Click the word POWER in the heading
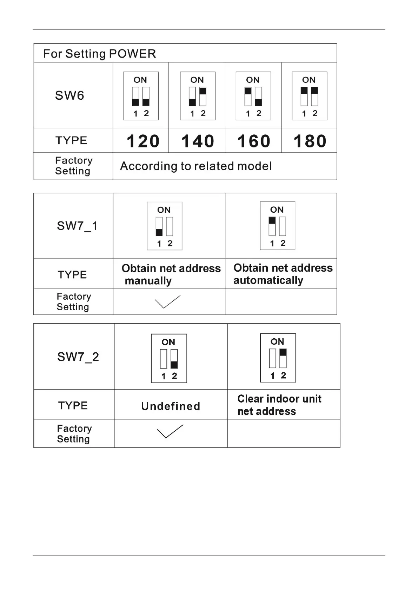click(132, 54)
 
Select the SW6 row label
click(69, 95)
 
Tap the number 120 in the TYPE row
click(143, 141)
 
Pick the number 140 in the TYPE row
click(198, 141)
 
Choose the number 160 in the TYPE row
click(254, 141)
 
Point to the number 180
click(310, 141)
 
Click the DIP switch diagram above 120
click(141, 96)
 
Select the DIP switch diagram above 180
click(309, 96)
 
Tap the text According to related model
click(196, 166)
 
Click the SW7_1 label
click(77, 226)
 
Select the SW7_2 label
click(78, 357)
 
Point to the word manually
click(148, 281)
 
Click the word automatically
click(268, 280)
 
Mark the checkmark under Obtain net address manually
click(167, 301)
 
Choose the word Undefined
click(171, 406)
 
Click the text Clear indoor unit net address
click(279, 405)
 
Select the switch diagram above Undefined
click(169, 358)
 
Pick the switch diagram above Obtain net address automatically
click(277, 226)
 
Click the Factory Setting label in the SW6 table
click(74, 166)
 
